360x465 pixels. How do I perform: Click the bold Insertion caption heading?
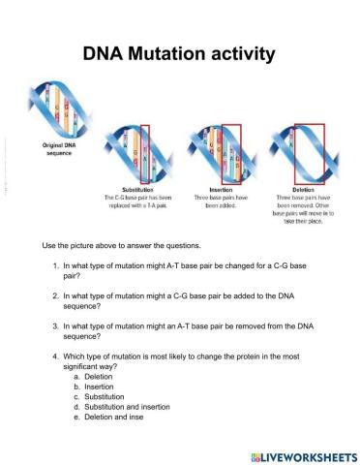(x=220, y=190)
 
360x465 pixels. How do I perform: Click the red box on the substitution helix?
(x=145, y=153)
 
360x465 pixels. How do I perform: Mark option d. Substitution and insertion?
(x=131, y=397)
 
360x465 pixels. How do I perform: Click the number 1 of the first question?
(x=55, y=264)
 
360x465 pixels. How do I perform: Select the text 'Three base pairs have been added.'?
(x=220, y=201)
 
